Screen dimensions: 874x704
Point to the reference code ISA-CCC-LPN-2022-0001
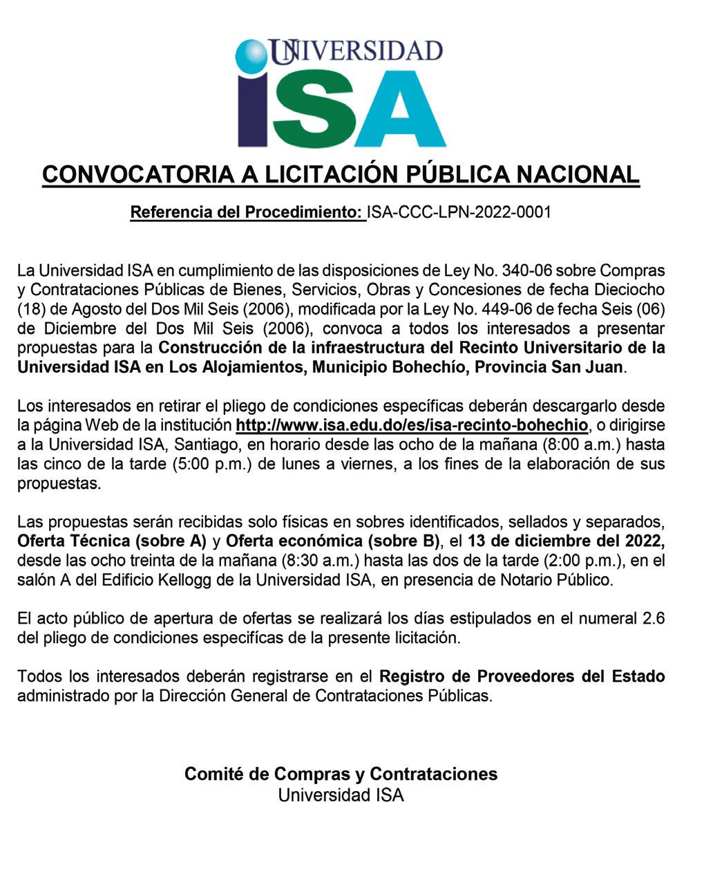(x=459, y=212)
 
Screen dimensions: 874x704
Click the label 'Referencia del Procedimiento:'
(x=247, y=212)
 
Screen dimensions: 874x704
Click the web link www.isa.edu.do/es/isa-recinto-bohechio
(x=412, y=424)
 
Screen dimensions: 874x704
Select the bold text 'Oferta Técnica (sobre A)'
(x=112, y=540)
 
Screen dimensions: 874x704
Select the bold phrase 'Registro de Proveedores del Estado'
(x=522, y=676)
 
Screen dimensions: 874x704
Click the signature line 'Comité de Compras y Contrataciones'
(x=341, y=774)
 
